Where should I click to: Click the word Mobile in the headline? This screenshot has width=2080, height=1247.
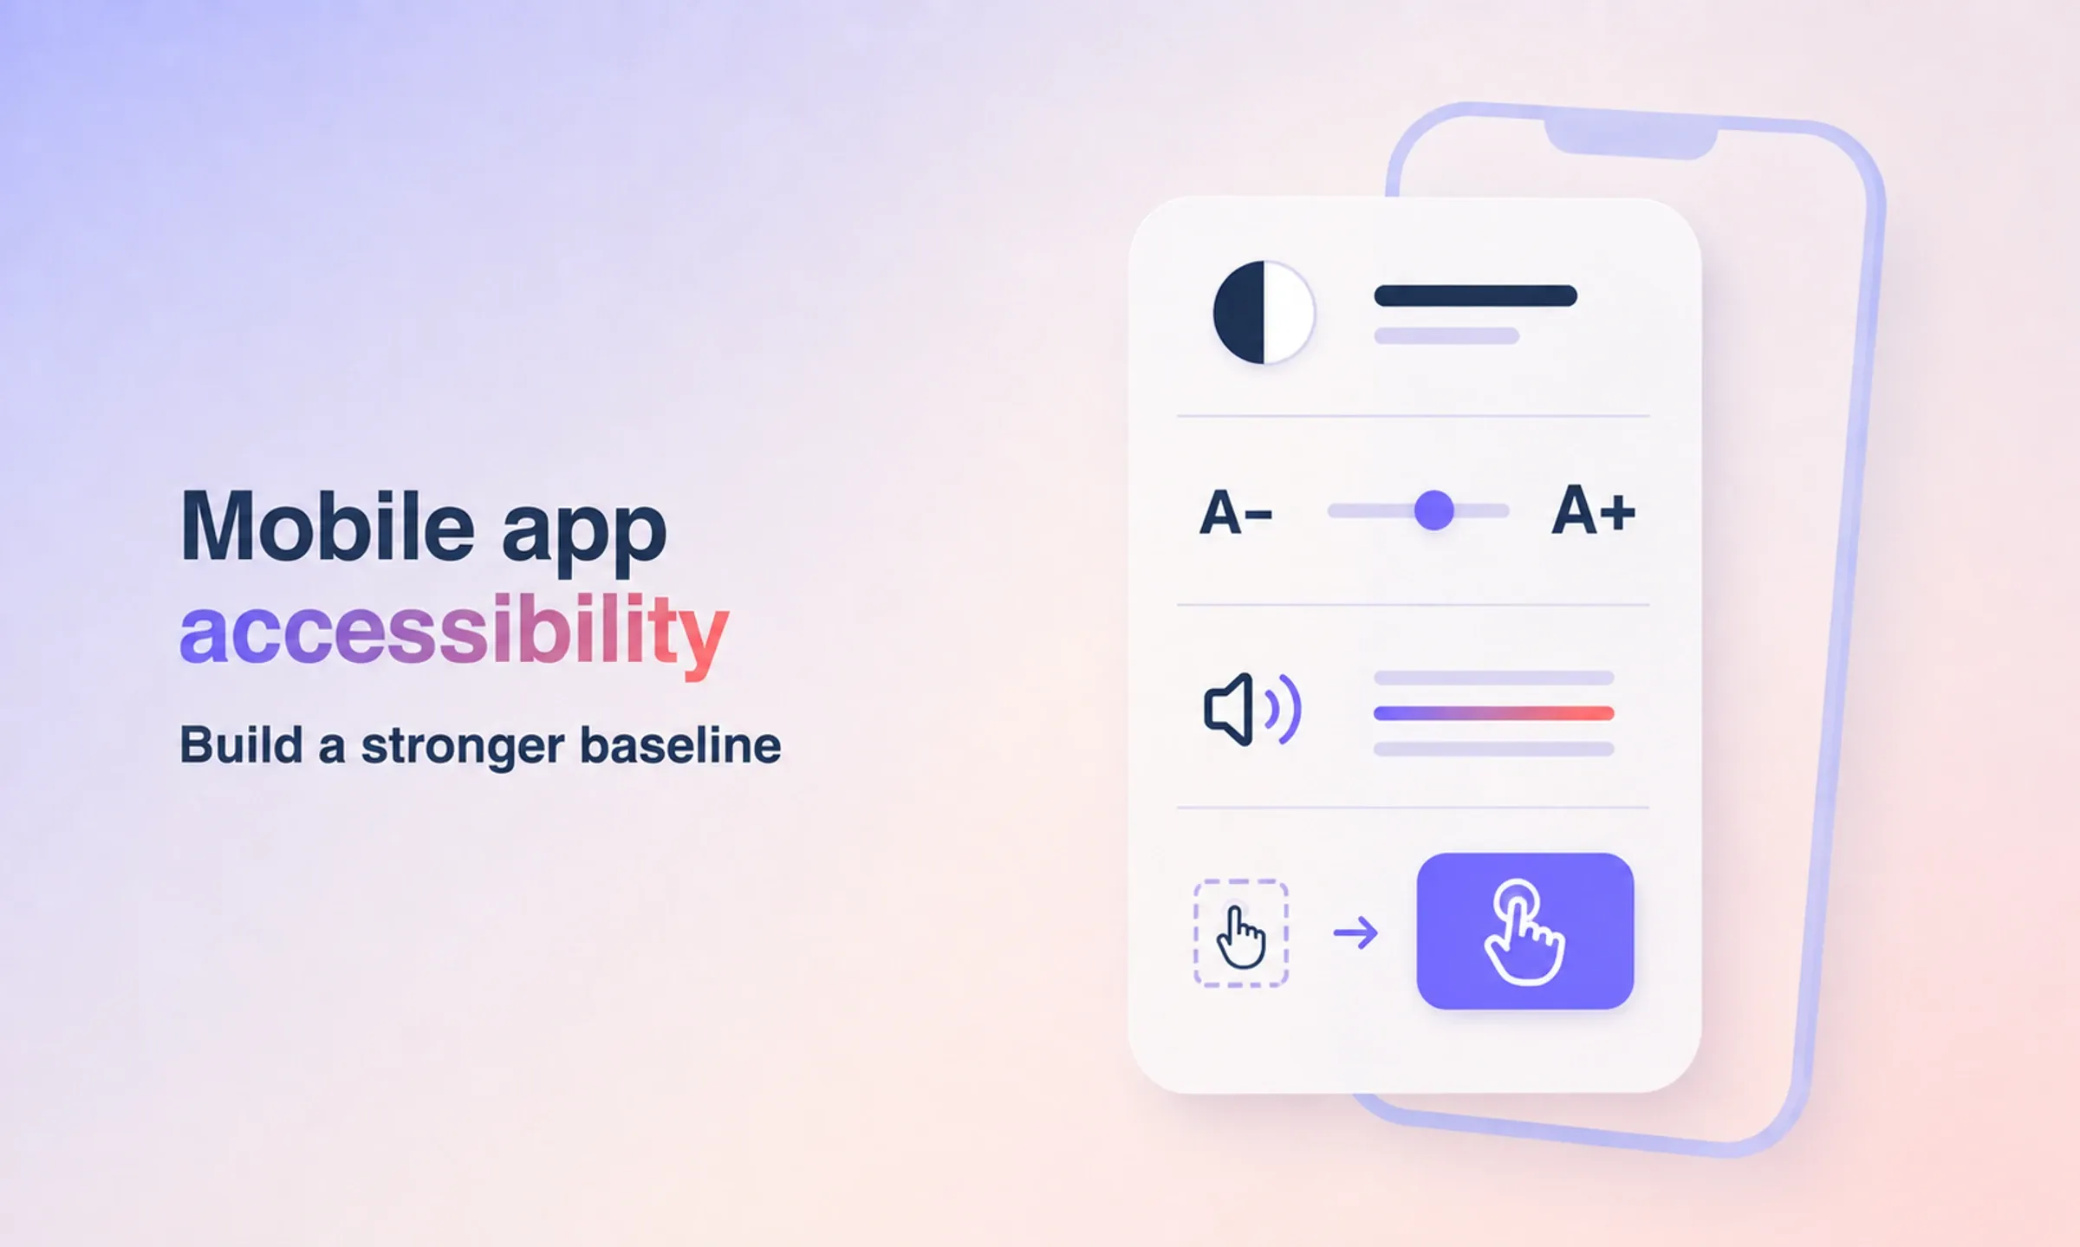(328, 526)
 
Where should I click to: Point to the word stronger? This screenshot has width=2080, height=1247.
(462, 747)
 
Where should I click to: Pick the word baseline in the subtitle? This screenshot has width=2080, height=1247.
(680, 745)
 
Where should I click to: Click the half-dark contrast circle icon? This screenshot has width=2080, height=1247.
(1264, 312)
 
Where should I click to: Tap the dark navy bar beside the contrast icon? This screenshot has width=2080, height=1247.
(1476, 296)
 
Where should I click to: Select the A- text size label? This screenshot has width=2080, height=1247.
(1236, 512)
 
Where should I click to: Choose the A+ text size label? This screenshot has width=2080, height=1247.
(1593, 510)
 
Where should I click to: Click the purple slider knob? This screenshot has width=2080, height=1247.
(1434, 510)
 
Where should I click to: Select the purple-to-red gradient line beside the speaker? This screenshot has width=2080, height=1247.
(1494, 713)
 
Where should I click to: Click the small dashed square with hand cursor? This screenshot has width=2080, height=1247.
(1241, 933)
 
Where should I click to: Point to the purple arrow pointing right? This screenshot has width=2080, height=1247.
(1355, 932)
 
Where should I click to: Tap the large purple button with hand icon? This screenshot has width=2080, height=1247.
(1525, 931)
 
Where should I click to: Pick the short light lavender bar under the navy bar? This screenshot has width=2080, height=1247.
(1446, 336)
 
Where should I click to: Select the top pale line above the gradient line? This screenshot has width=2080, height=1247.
(1494, 678)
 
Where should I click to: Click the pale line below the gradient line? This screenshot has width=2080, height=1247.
(1494, 749)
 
